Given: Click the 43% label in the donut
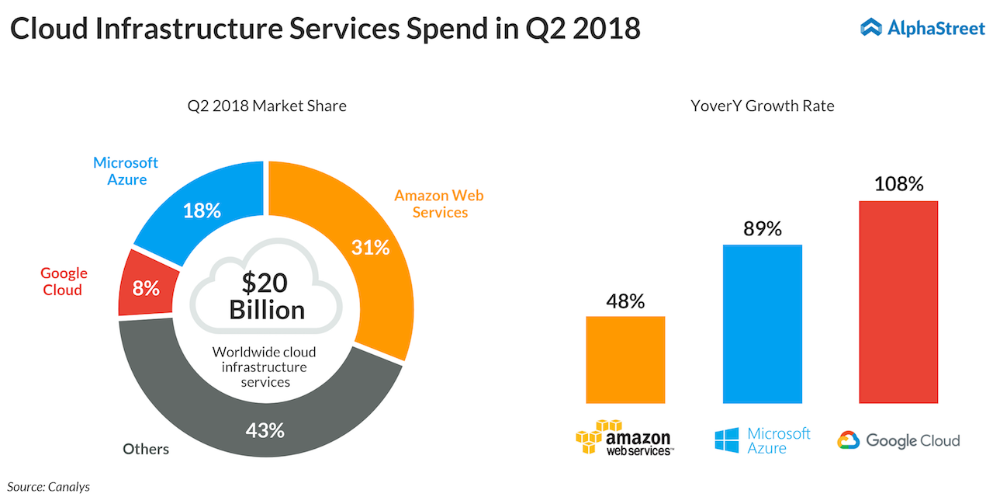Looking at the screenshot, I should pyautogui.click(x=265, y=429).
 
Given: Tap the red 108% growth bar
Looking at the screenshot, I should pyautogui.click(x=898, y=302).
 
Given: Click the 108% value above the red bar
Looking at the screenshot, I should pyautogui.click(x=898, y=184).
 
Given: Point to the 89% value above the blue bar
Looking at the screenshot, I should pyautogui.click(x=762, y=228).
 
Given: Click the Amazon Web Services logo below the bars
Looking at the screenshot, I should pyautogui.click(x=624, y=438).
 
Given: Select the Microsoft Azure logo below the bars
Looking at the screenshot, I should pyautogui.click(x=762, y=440).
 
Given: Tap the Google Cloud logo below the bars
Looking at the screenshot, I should pyautogui.click(x=898, y=440).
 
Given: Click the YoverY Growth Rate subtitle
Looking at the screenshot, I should pyautogui.click(x=762, y=106).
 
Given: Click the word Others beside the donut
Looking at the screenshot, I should pyautogui.click(x=146, y=449).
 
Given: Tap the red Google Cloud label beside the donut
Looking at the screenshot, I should pyautogui.click(x=64, y=281).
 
